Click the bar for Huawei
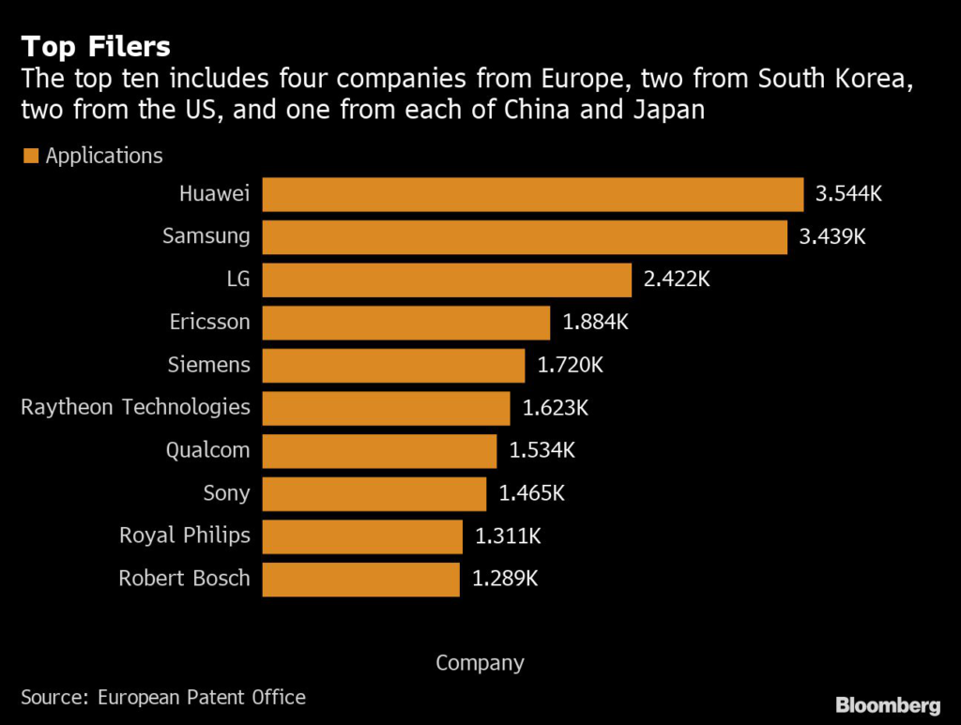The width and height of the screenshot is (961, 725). tap(532, 194)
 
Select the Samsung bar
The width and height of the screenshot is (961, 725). tap(524, 237)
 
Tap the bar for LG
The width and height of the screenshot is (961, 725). tap(446, 279)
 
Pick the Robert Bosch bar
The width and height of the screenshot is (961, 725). tap(360, 579)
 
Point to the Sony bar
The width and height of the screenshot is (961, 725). tap(374, 493)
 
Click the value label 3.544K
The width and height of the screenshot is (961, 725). tap(849, 195)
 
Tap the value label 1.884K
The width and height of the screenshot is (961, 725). tap(595, 323)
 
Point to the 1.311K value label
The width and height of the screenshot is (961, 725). tap(508, 536)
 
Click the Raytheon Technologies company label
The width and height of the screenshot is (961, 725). tap(135, 407)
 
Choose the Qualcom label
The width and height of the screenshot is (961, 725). tap(208, 450)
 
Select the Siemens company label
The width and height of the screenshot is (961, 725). tap(208, 365)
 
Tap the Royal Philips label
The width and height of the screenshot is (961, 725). tap(185, 536)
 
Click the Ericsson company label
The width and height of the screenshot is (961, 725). tap(210, 322)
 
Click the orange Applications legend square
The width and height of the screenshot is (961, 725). tap(31, 156)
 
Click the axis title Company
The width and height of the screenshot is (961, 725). tap(480, 663)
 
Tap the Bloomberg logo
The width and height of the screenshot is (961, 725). tap(888, 704)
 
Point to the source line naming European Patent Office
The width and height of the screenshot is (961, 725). tap(163, 697)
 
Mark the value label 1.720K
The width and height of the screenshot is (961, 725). tap(571, 365)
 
